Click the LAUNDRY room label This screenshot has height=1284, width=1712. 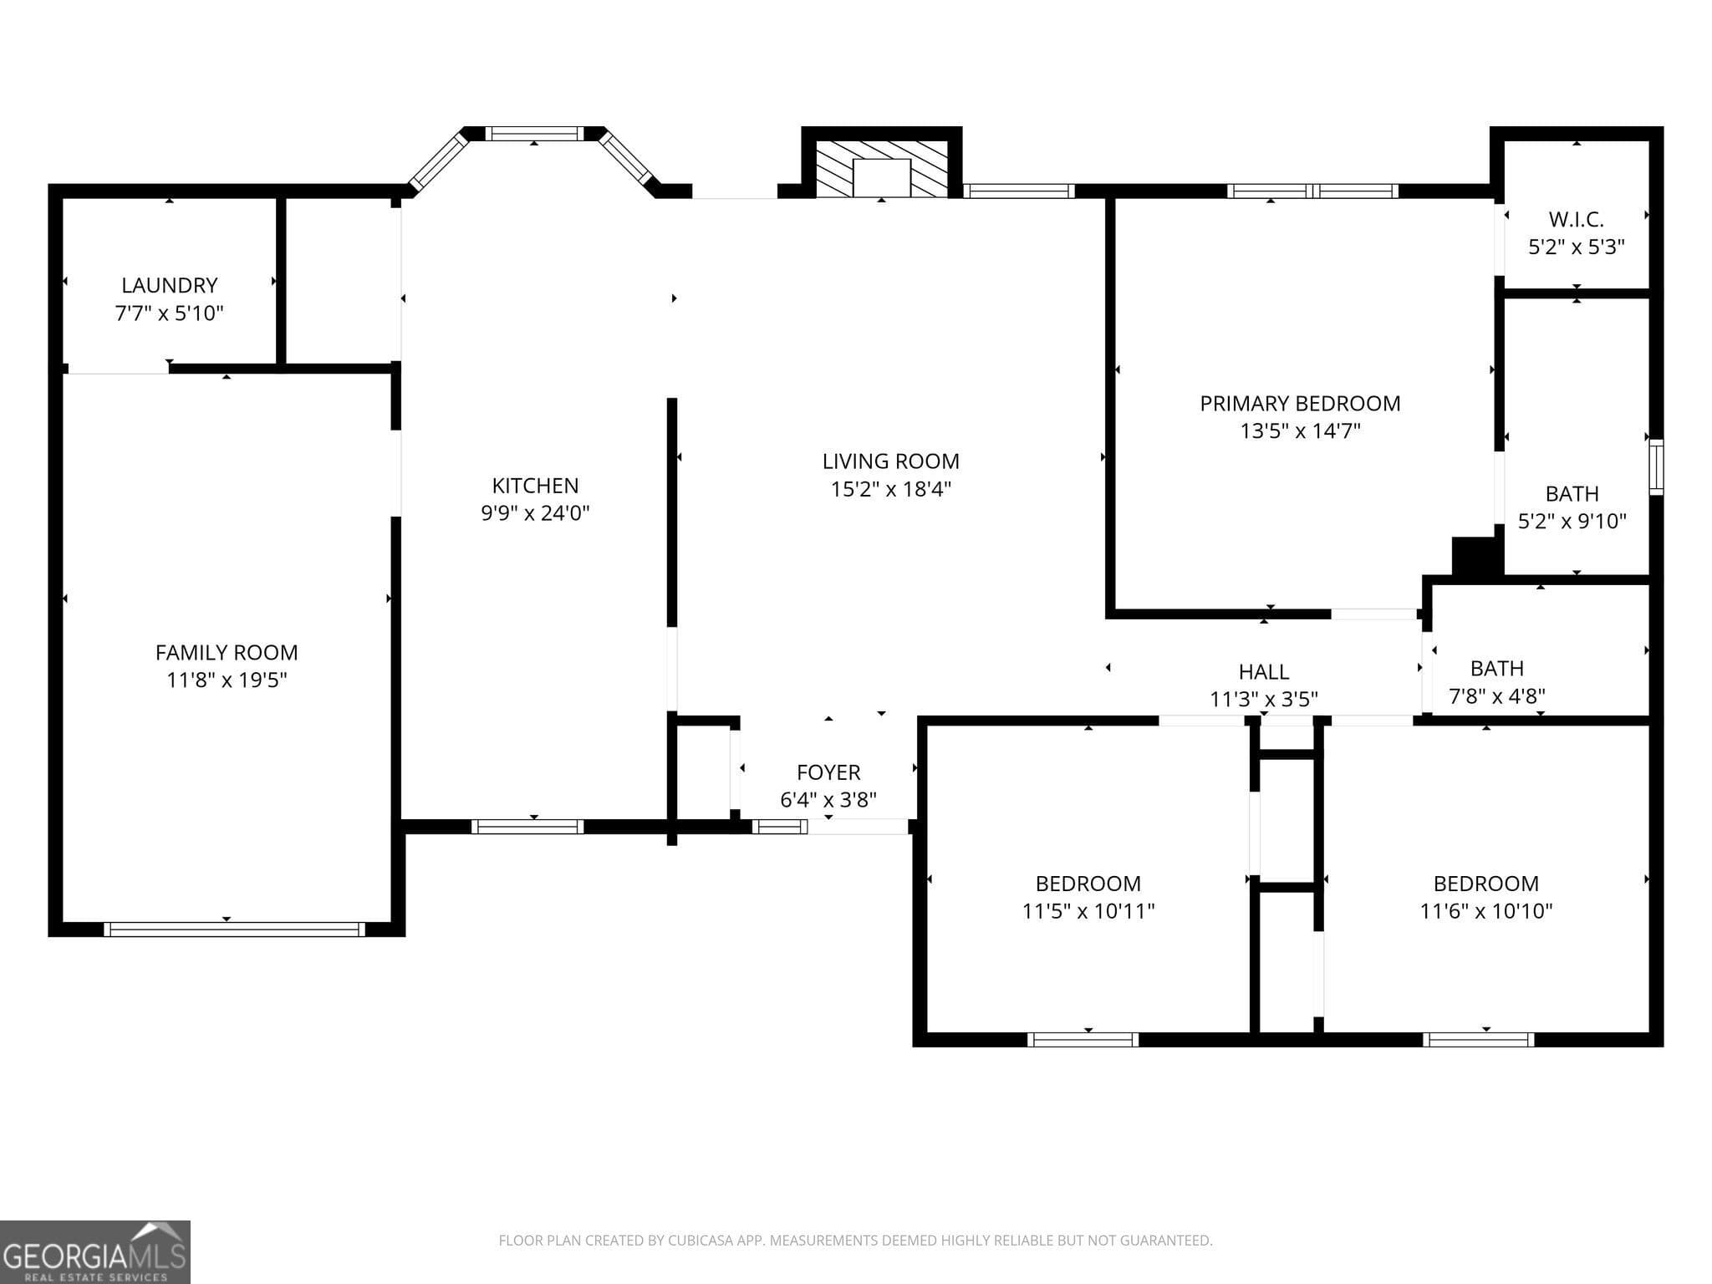pos(169,285)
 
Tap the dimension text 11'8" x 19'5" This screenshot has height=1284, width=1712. pos(227,680)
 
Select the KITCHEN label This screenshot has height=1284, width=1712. pos(535,485)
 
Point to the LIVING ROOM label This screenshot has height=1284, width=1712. pos(890,461)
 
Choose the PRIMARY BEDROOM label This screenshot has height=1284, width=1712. pos(1300,403)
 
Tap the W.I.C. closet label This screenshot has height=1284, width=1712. pos(1576,219)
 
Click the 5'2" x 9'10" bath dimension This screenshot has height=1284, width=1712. pos(1572,521)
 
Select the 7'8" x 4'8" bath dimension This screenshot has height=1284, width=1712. pos(1496,695)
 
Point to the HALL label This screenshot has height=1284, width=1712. pos(1263,671)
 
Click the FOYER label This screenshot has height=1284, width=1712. pos(828,772)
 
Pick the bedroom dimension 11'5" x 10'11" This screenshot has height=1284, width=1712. pos(1088,910)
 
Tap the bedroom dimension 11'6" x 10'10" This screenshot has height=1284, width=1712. pos(1485,910)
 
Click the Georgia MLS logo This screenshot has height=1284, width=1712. pos(94,1252)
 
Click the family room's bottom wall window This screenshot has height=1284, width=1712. pos(234,929)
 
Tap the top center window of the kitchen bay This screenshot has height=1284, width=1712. pos(534,134)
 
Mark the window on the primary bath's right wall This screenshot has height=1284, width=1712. pos(1655,466)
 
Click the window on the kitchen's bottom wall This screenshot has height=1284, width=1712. pos(527,827)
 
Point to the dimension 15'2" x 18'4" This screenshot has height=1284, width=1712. pos(890,489)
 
